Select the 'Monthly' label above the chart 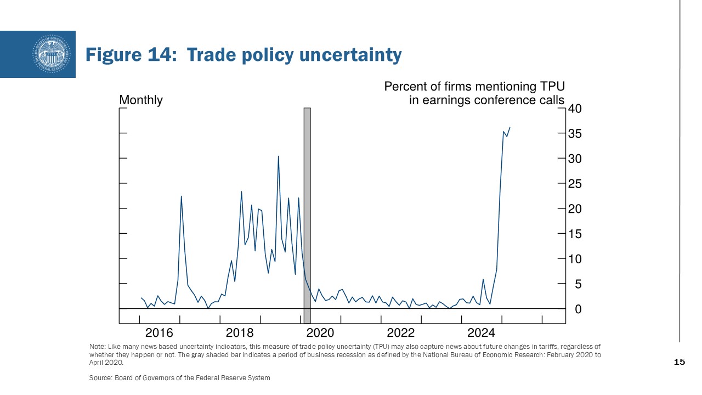[141, 100]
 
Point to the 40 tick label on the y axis [575, 109]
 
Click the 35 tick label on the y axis [575, 134]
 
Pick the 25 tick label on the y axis [575, 184]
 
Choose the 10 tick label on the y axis [575, 259]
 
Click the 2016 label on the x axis [159, 332]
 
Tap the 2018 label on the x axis [240, 332]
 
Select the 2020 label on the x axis [320, 332]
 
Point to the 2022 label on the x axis [400, 332]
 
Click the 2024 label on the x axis [481, 332]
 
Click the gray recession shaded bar [307, 214]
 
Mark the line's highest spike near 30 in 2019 [278, 156]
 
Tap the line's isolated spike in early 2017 [181, 196]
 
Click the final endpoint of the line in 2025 [509, 128]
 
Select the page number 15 [679, 362]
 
